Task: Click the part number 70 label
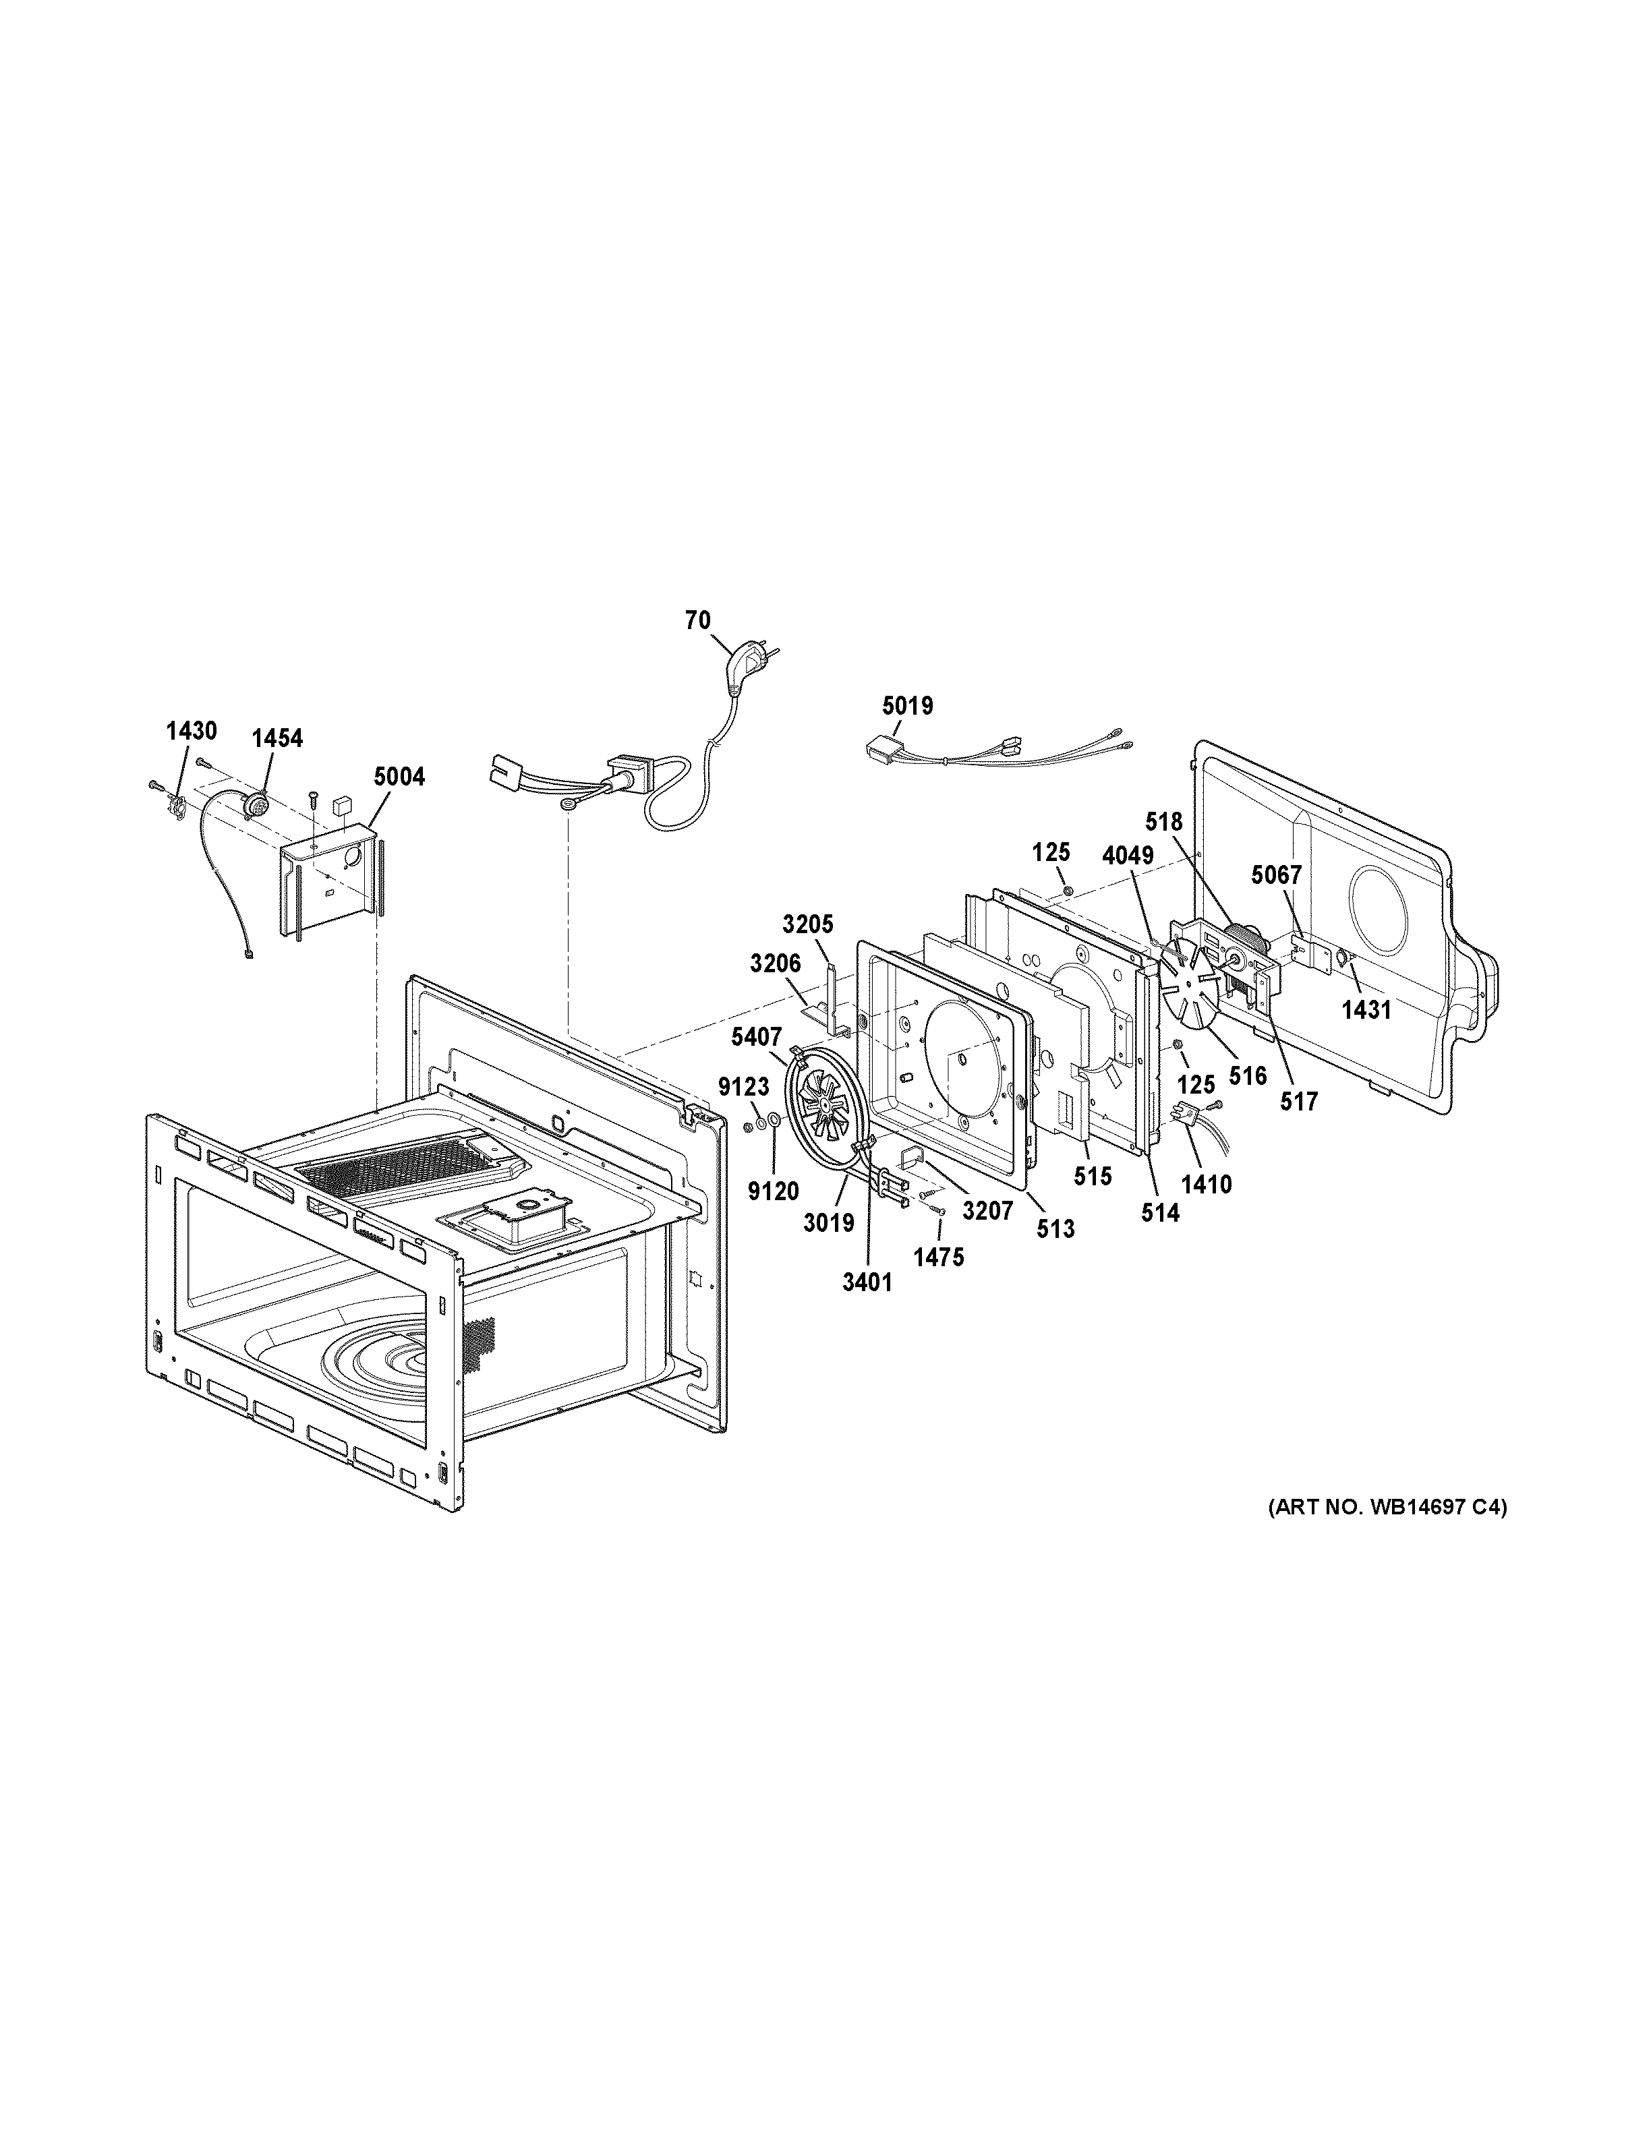tap(697, 620)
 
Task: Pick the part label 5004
tap(399, 777)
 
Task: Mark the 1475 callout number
tap(938, 1257)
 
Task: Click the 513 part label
tap(1055, 1228)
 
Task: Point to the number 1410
tap(1206, 1185)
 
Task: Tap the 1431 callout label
tap(1366, 1010)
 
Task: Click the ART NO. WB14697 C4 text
tap(1387, 1535)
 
